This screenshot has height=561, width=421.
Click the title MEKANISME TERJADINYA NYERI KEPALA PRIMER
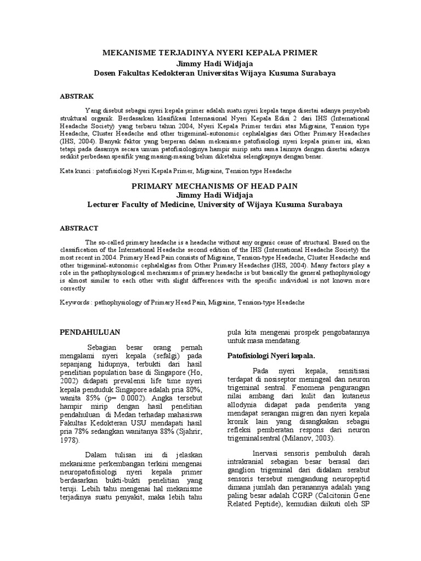tap(210, 53)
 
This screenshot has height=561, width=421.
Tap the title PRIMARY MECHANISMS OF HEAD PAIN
tap(214, 186)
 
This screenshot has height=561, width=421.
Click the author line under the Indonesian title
tap(211, 62)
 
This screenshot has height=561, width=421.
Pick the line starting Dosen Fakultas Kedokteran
tap(211, 72)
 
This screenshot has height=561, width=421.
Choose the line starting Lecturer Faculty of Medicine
tap(214, 205)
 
